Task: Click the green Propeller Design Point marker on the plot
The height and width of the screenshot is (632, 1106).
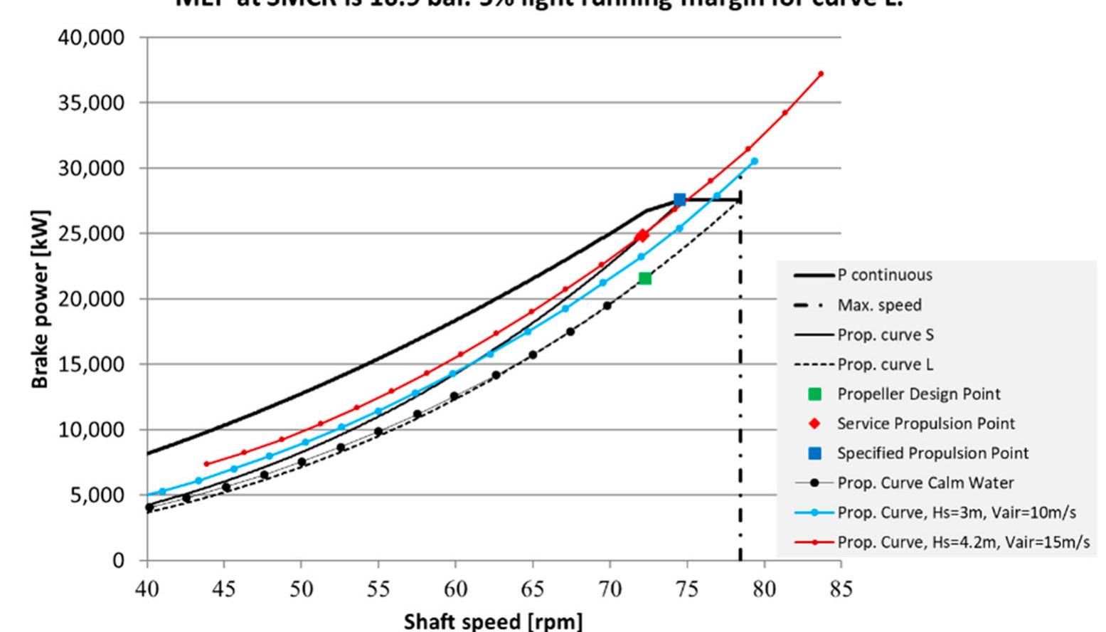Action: tap(644, 278)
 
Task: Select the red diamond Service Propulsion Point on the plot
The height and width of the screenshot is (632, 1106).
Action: tap(642, 236)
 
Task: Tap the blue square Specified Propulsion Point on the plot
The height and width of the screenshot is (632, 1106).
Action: tap(679, 200)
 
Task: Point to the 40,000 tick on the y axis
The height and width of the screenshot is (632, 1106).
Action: tap(91, 37)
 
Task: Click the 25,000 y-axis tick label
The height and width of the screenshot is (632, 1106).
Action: tap(91, 233)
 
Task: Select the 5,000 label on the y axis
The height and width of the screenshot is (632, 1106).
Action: tap(96, 495)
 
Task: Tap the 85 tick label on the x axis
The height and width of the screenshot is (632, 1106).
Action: tap(841, 589)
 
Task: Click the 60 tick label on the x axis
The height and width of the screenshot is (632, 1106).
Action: tap(455, 589)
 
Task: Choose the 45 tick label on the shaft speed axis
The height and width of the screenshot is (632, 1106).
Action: tap(224, 589)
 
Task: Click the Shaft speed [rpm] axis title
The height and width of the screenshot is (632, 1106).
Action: tap(493, 621)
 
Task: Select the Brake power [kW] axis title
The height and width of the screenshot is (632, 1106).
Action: tap(40, 299)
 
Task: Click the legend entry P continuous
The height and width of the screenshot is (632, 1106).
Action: tap(884, 275)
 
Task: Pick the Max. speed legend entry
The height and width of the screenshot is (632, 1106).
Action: tap(879, 305)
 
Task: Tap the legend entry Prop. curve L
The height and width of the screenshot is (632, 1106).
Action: tap(885, 364)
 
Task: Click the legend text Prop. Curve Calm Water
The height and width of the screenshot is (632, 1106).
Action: tap(925, 483)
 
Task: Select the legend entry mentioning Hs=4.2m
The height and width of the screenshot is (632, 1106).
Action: tap(962, 542)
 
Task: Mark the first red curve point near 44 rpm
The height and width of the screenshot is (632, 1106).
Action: tap(206, 464)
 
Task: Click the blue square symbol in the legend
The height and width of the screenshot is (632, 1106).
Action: tap(815, 453)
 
